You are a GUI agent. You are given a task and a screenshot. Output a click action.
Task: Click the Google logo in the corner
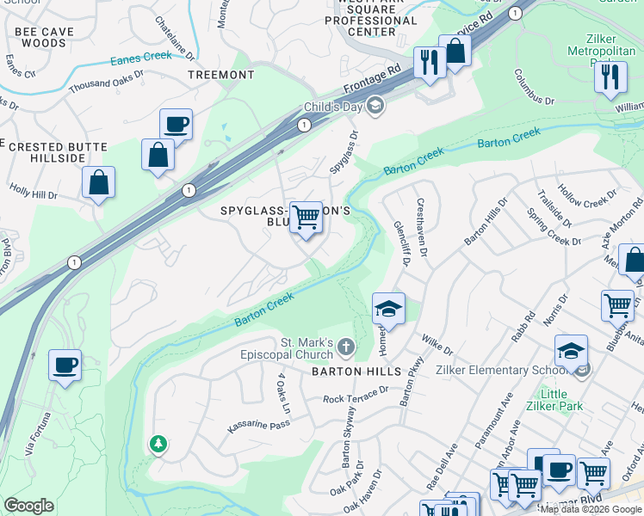[x=28, y=506]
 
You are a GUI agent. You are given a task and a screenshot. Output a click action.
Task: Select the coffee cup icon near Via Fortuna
[x=65, y=365]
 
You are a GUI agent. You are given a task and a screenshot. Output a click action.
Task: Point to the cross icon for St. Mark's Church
[x=345, y=348]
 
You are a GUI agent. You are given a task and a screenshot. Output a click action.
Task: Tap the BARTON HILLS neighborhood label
[x=356, y=372]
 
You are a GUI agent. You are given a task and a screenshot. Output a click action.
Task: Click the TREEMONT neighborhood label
[x=221, y=75]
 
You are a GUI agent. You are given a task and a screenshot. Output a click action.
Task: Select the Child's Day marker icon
[x=374, y=107]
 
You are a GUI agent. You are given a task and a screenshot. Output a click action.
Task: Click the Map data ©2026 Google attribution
[x=591, y=509]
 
